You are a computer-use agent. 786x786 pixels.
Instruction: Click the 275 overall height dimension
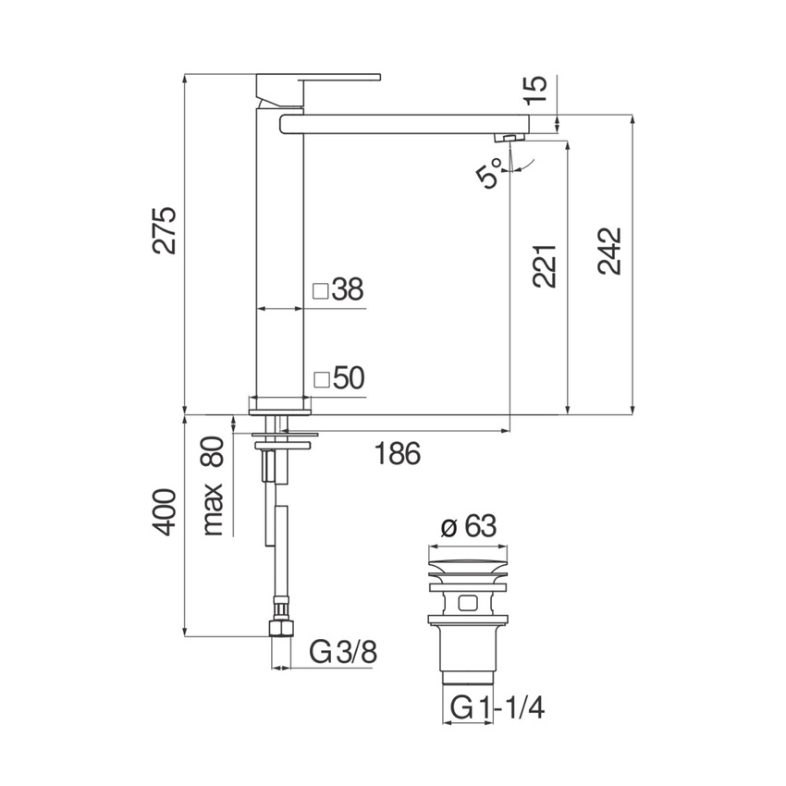pyautogui.click(x=165, y=229)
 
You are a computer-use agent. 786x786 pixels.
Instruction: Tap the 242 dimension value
pyautogui.click(x=609, y=251)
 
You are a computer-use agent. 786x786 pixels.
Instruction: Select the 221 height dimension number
pyautogui.click(x=545, y=265)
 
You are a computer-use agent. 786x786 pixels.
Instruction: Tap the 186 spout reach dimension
pyautogui.click(x=398, y=453)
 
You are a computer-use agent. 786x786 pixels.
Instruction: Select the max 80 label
pyautogui.click(x=213, y=485)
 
